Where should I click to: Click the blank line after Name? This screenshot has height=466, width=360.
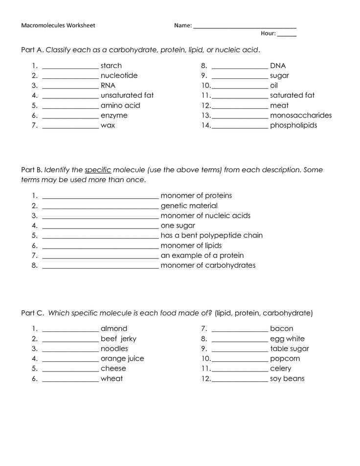pyautogui.click(x=245, y=27)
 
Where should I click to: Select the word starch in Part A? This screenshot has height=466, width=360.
pyautogui.click(x=111, y=66)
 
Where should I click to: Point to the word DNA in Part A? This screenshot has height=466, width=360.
pyautogui.click(x=278, y=66)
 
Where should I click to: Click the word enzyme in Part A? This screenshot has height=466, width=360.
pyautogui.click(x=114, y=116)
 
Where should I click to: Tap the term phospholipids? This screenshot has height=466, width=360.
pyautogui.click(x=293, y=125)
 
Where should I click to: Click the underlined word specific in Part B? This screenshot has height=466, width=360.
pyautogui.click(x=98, y=170)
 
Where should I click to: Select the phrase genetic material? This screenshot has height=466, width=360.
pyautogui.click(x=189, y=206)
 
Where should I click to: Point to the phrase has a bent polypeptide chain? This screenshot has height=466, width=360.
pyautogui.click(x=211, y=235)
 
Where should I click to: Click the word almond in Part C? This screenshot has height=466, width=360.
pyautogui.click(x=114, y=328)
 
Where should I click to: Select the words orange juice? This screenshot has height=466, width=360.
pyautogui.click(x=122, y=358)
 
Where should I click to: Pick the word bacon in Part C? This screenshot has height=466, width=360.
pyautogui.click(x=282, y=328)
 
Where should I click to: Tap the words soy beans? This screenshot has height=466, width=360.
pyautogui.click(x=287, y=378)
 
